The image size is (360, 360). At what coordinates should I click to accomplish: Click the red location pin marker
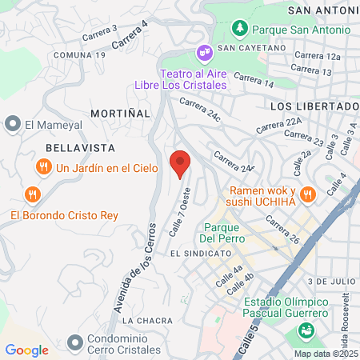point(180,163)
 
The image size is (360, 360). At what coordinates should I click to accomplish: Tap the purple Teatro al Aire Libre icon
point(205,53)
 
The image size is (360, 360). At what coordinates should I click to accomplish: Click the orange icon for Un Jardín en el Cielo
point(43,168)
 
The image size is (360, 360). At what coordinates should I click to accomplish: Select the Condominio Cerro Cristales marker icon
point(75,342)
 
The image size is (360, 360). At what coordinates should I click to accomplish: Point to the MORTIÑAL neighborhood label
point(120,114)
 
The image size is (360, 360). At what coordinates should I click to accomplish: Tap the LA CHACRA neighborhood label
point(147,320)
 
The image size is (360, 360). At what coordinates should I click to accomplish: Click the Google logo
point(26,350)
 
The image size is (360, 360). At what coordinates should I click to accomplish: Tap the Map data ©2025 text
point(325,354)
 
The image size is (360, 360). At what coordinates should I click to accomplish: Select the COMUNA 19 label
point(79,54)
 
